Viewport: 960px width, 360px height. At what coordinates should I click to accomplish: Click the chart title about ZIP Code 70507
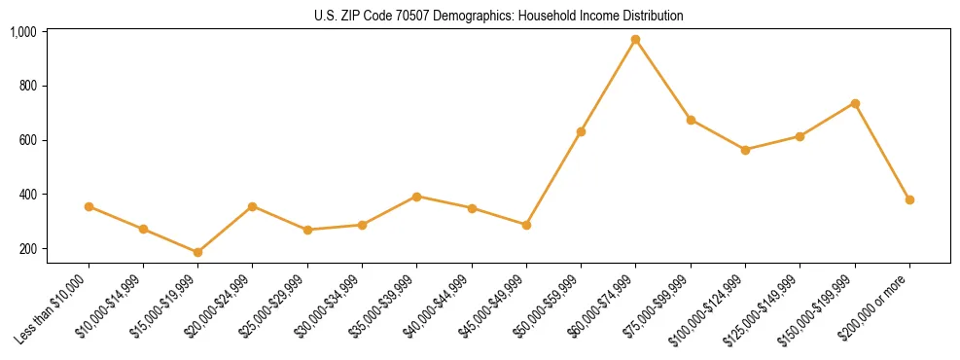[x=498, y=16]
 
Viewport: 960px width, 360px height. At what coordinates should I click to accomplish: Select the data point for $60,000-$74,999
[x=635, y=40]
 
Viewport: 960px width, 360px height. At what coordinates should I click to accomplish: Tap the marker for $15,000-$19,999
[x=197, y=252]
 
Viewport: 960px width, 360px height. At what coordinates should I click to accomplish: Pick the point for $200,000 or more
[x=909, y=199]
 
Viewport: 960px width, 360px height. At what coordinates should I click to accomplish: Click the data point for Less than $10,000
[x=89, y=206]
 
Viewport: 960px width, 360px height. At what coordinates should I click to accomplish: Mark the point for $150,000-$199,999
[x=855, y=103]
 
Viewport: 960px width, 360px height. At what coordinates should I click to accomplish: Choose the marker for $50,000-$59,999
[x=581, y=131]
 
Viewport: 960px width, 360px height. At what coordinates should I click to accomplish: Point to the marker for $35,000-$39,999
[x=416, y=197]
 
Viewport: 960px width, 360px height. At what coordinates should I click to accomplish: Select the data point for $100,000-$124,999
[x=745, y=150]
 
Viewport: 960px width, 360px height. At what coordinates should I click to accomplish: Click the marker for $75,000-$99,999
[x=691, y=120]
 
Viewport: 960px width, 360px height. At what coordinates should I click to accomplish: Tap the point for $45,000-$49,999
[x=526, y=225]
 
